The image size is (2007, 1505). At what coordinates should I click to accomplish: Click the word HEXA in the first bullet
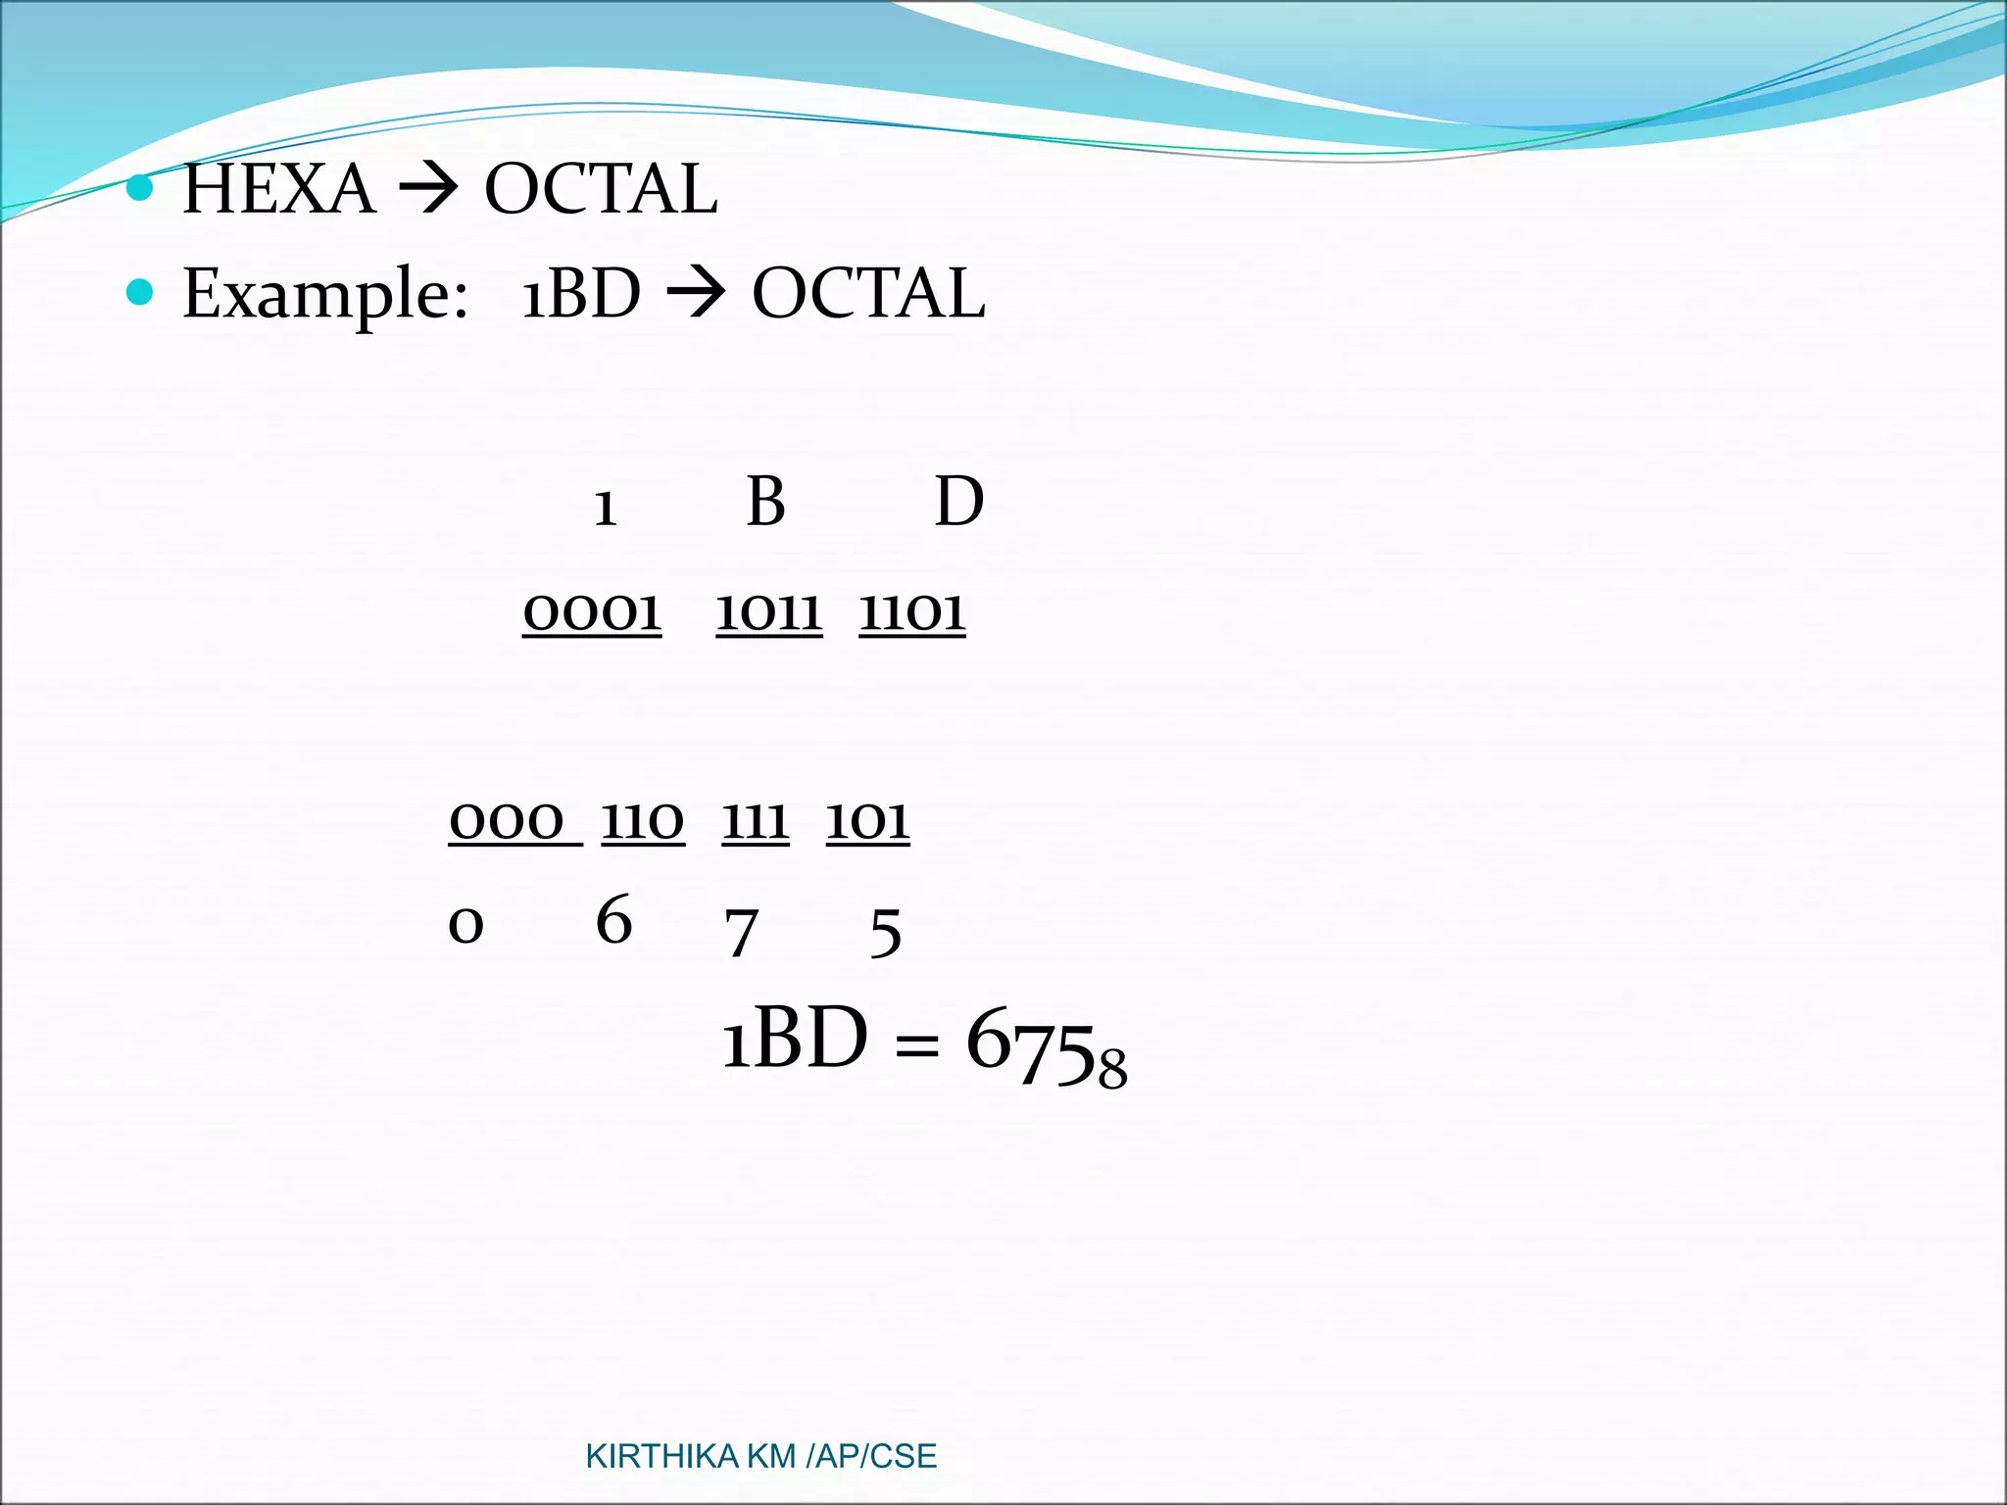click(x=279, y=189)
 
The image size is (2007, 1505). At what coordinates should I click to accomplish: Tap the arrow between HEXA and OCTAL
click(x=429, y=189)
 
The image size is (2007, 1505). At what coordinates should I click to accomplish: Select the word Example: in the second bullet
click(x=325, y=294)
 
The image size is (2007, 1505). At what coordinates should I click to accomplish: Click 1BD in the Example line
click(x=580, y=294)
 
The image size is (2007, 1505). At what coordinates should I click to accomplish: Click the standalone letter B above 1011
click(x=765, y=502)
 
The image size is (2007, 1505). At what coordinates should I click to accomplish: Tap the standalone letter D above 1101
click(x=958, y=502)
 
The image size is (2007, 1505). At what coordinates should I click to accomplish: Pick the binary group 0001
click(x=592, y=612)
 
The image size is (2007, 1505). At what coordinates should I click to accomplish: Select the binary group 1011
click(x=769, y=612)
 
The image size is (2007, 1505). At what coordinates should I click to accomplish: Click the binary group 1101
click(x=912, y=612)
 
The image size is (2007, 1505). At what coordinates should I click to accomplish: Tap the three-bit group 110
click(x=643, y=820)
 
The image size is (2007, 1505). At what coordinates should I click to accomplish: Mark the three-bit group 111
click(x=756, y=820)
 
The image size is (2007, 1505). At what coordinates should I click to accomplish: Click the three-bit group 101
click(x=868, y=820)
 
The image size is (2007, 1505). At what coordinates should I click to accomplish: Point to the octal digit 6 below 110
click(x=614, y=921)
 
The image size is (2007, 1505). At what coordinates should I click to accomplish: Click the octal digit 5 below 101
click(x=886, y=933)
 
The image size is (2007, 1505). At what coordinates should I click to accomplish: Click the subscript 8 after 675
click(x=1112, y=1069)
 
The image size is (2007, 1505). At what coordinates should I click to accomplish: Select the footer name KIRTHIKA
click(x=661, y=1457)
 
